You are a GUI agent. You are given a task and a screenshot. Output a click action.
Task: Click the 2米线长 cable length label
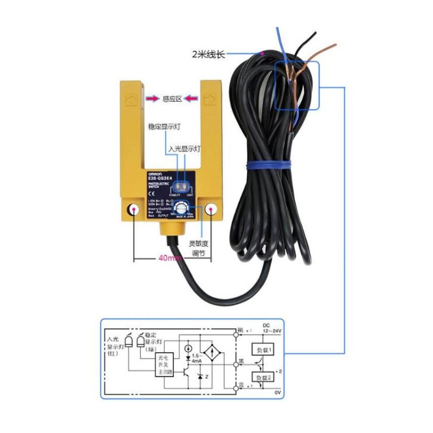point(208,54)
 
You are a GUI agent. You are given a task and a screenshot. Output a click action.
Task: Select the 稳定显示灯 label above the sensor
point(164,127)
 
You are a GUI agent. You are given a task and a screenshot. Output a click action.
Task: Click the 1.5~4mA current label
point(199,358)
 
